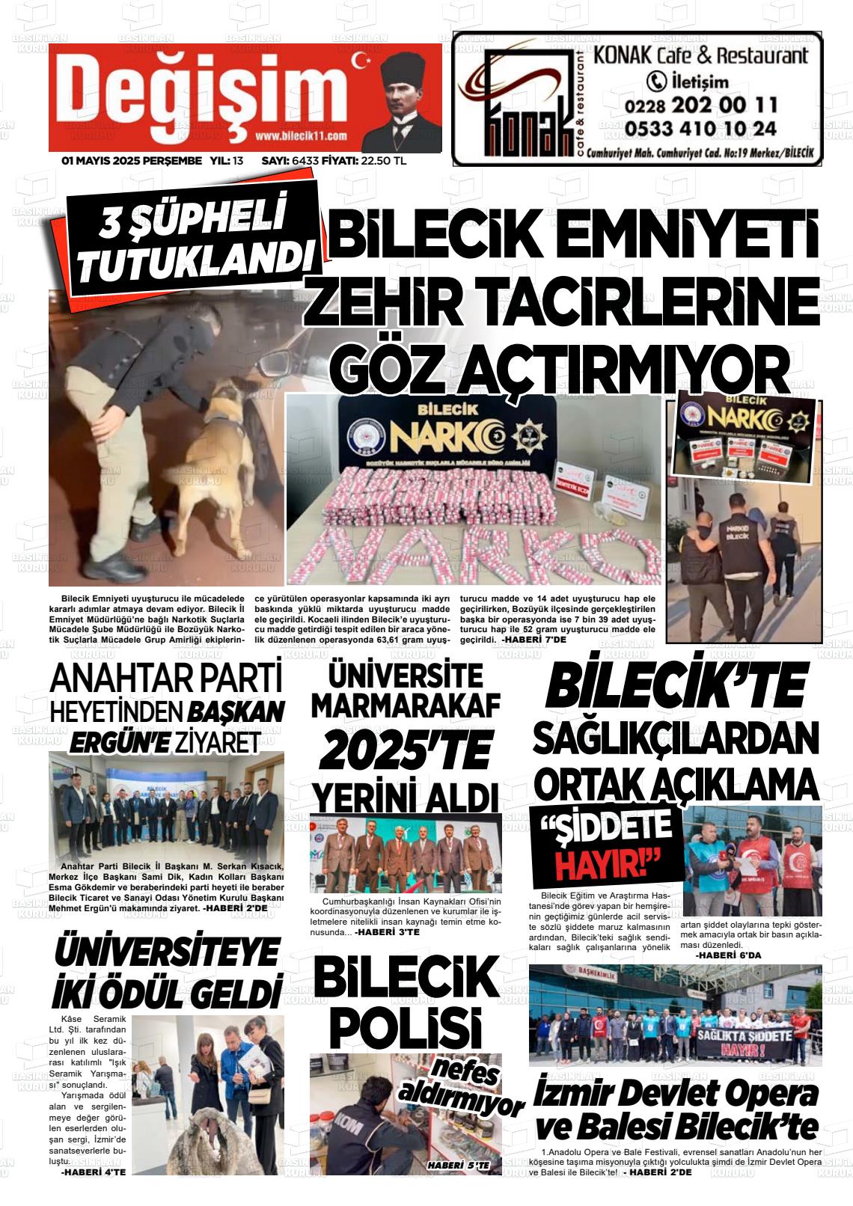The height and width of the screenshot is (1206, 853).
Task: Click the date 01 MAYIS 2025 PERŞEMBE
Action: (x=131, y=161)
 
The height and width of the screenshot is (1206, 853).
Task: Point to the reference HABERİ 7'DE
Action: (x=534, y=640)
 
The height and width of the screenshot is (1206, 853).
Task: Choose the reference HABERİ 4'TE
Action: (x=93, y=1171)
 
